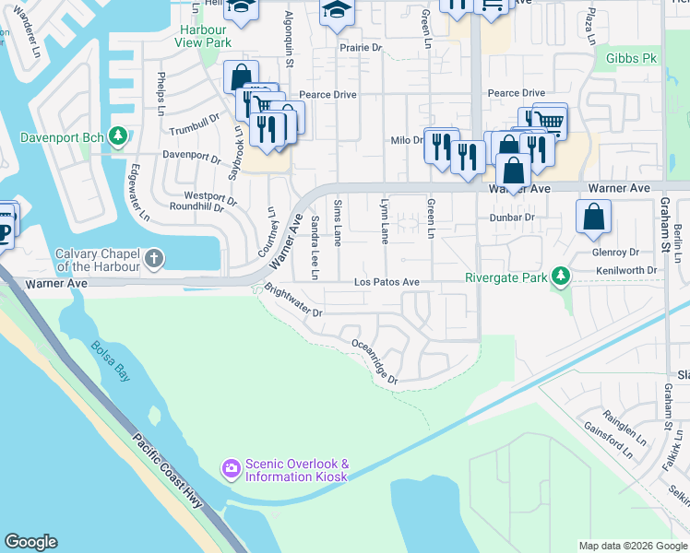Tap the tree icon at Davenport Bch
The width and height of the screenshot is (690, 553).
click(118, 137)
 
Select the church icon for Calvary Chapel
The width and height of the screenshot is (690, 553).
click(154, 260)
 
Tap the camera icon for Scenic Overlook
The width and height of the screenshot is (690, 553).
click(231, 470)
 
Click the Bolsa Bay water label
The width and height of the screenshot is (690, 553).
click(110, 360)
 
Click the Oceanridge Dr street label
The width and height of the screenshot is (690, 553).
click(375, 361)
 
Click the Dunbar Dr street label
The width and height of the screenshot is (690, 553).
click(512, 218)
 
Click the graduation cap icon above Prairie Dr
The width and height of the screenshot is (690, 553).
click(337, 11)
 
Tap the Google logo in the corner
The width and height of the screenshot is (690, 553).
click(30, 542)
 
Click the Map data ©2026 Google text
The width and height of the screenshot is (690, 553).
click(632, 546)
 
